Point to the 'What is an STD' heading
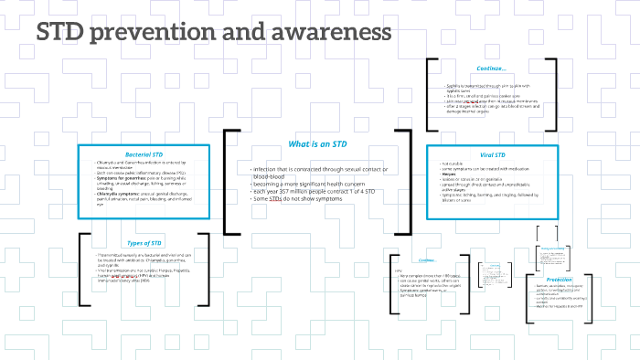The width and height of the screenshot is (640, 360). [x=317, y=144]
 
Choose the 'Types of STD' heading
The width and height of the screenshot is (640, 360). [x=143, y=242]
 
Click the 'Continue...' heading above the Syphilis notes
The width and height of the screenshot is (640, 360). [x=491, y=68]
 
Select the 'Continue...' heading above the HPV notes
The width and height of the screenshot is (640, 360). [x=426, y=259]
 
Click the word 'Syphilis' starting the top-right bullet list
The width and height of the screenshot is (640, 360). [x=447, y=86]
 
